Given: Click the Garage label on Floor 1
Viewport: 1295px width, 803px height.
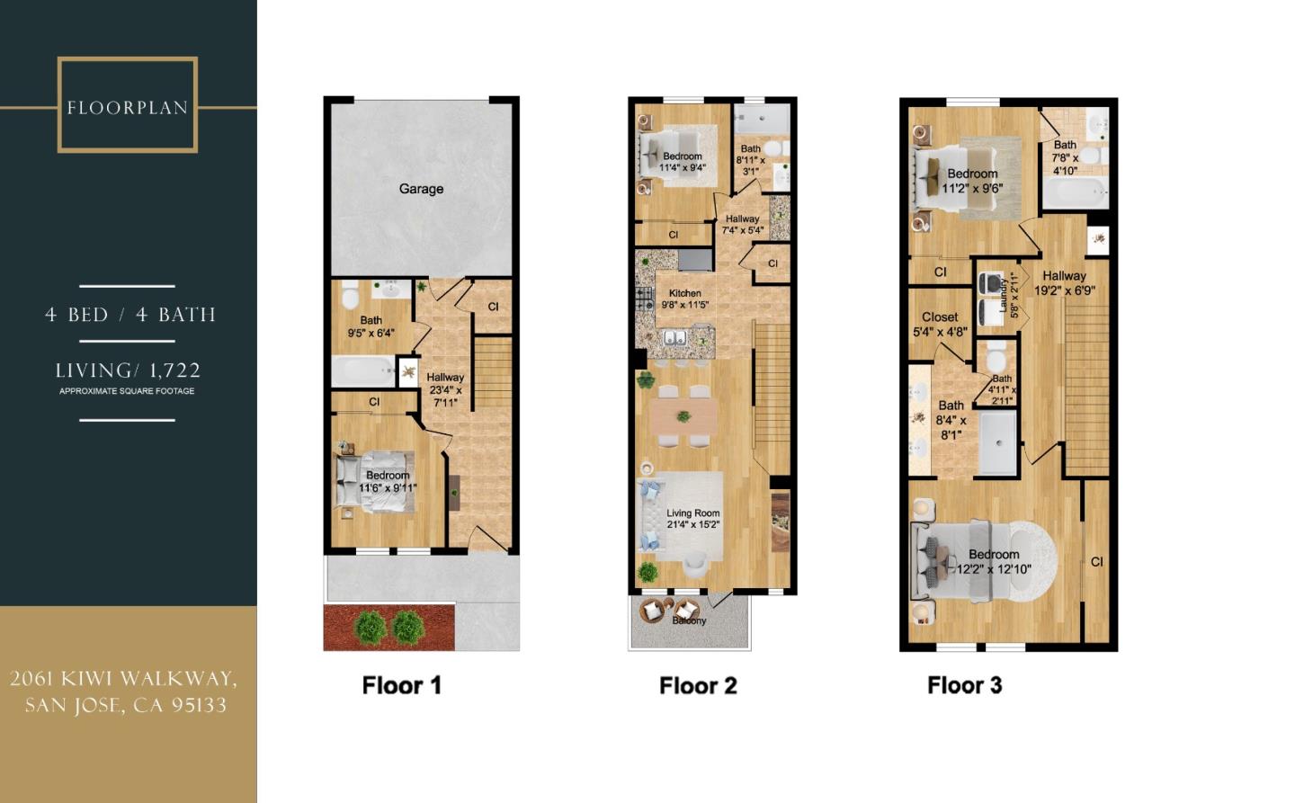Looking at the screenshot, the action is (421, 189).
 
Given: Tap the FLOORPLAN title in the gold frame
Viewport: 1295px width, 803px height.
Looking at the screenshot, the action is (128, 108).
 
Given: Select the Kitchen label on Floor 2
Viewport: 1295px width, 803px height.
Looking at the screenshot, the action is (684, 293).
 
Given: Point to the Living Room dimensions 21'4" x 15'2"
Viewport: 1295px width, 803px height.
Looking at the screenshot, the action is (692, 525).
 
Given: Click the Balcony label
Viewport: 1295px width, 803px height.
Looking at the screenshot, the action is (689, 620).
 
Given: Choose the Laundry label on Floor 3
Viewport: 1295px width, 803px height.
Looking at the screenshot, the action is (1003, 295).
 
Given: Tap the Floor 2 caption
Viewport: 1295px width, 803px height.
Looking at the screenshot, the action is (699, 685).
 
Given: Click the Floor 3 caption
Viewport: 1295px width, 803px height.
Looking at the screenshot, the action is (964, 685).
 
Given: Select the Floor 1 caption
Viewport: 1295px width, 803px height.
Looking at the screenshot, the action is (402, 685).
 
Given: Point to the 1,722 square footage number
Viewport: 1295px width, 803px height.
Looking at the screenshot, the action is (174, 370).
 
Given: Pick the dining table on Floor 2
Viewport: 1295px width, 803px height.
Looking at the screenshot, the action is (683, 417).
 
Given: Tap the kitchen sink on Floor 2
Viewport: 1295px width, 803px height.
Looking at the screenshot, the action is (674, 337).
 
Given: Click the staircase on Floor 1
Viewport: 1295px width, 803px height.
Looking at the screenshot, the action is (493, 373).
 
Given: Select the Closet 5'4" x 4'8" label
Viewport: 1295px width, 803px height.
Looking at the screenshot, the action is (940, 325).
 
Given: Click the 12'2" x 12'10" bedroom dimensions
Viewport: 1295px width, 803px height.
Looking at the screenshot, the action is (993, 569).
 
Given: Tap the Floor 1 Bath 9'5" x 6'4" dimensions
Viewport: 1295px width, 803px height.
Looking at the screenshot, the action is (371, 333).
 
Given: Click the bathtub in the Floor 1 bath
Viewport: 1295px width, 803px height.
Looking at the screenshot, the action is (363, 371).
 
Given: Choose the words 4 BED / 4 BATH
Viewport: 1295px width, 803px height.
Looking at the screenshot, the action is (130, 315).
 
